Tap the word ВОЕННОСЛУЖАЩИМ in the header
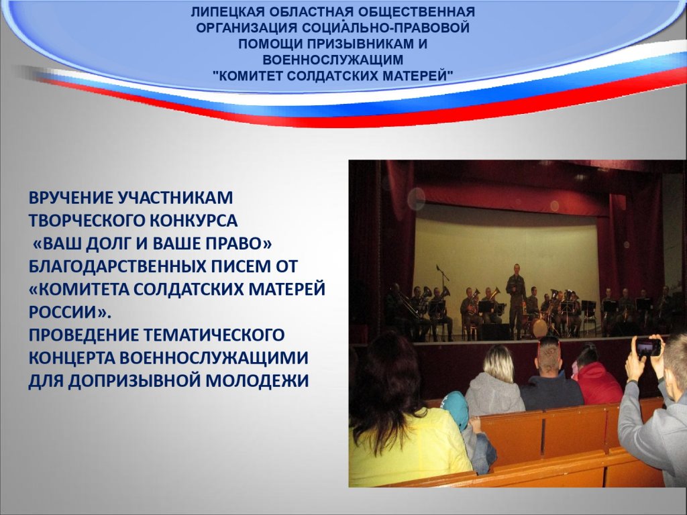[333, 60]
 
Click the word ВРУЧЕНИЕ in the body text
[70, 198]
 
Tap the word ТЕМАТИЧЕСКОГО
[214, 335]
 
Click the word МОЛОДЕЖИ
[258, 381]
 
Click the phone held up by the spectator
[649, 347]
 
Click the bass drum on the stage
[539, 327]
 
